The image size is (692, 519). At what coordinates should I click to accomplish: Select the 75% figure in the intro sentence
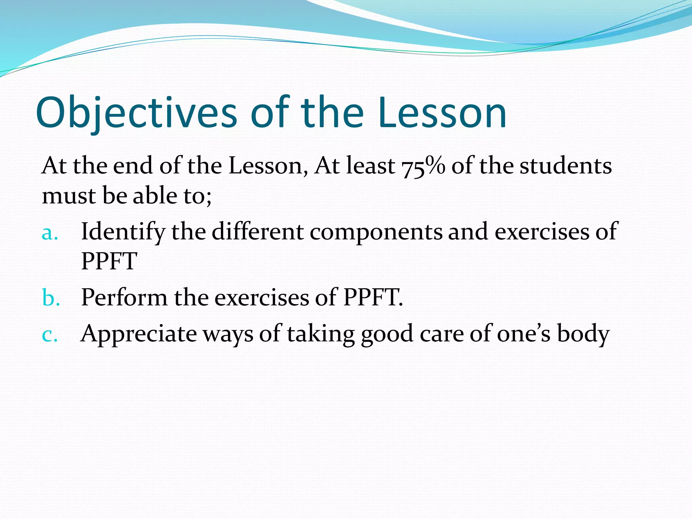pos(423,166)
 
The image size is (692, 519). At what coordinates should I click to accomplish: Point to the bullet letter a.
pos(50,233)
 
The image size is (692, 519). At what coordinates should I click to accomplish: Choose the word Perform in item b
pos(124,298)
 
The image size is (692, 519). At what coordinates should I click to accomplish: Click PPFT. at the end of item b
pos(373,298)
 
